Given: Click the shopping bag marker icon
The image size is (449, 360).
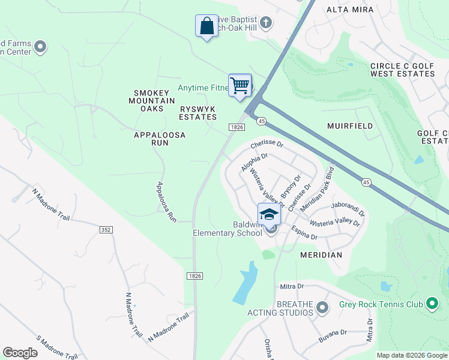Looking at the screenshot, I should (206, 26).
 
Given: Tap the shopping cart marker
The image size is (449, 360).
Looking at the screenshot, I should (240, 85).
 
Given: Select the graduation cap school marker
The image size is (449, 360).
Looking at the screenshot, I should (269, 214).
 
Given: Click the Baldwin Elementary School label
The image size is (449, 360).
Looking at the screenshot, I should (228, 229).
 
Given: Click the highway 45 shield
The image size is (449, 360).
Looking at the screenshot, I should (261, 121).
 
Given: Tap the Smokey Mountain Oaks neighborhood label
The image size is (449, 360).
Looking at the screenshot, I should (154, 101).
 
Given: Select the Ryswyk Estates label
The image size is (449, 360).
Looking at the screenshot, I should (197, 113).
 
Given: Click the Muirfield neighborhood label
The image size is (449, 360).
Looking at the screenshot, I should (350, 126).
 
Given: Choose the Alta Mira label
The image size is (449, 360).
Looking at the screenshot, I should (350, 10).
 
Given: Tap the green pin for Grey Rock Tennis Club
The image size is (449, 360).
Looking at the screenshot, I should (432, 304).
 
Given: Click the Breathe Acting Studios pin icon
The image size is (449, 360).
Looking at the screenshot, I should (322, 308).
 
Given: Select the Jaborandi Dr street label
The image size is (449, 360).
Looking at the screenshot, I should (348, 208).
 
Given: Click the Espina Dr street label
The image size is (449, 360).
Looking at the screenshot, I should (304, 233).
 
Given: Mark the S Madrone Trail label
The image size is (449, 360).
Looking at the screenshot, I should (57, 347).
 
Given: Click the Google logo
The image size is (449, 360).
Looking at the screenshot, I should (20, 353).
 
